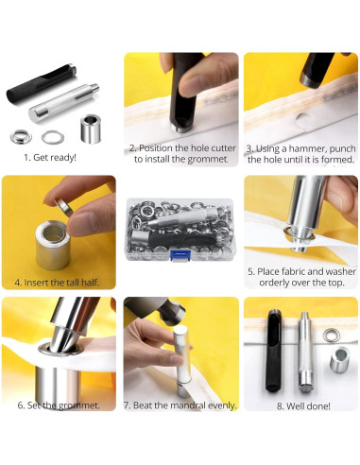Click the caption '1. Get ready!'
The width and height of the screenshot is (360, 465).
pos(50,157)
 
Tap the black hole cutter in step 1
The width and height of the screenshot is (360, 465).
pos(42,83)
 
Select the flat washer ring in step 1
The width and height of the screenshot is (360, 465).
pos(53,137)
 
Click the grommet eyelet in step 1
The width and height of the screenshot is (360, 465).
pos(21,136)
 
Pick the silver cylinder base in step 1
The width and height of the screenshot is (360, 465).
pos(91,129)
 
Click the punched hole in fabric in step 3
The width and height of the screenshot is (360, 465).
pos(303,121)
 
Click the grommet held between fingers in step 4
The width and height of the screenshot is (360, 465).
pos(63,207)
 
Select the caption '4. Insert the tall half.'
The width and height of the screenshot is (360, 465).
pos(57,283)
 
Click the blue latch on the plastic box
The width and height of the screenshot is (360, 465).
pos(180,255)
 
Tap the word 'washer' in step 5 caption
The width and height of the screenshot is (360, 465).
pos(341,271)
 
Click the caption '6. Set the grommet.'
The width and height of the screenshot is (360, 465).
pos(59,405)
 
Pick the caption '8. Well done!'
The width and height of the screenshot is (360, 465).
pos(303,406)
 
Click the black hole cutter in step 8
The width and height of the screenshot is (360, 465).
pos(274,351)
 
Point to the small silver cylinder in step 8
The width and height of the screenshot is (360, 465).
pos(339,359)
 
